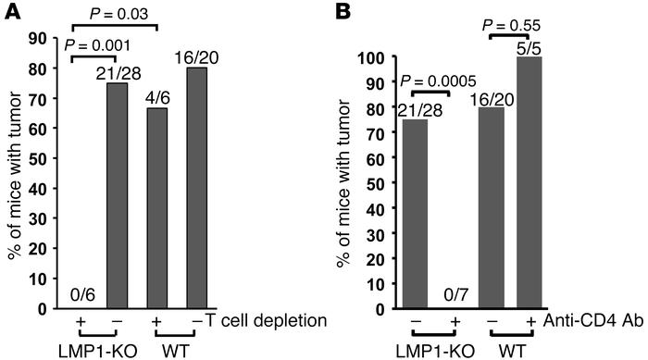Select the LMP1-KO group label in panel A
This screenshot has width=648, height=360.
coord(97,349)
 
